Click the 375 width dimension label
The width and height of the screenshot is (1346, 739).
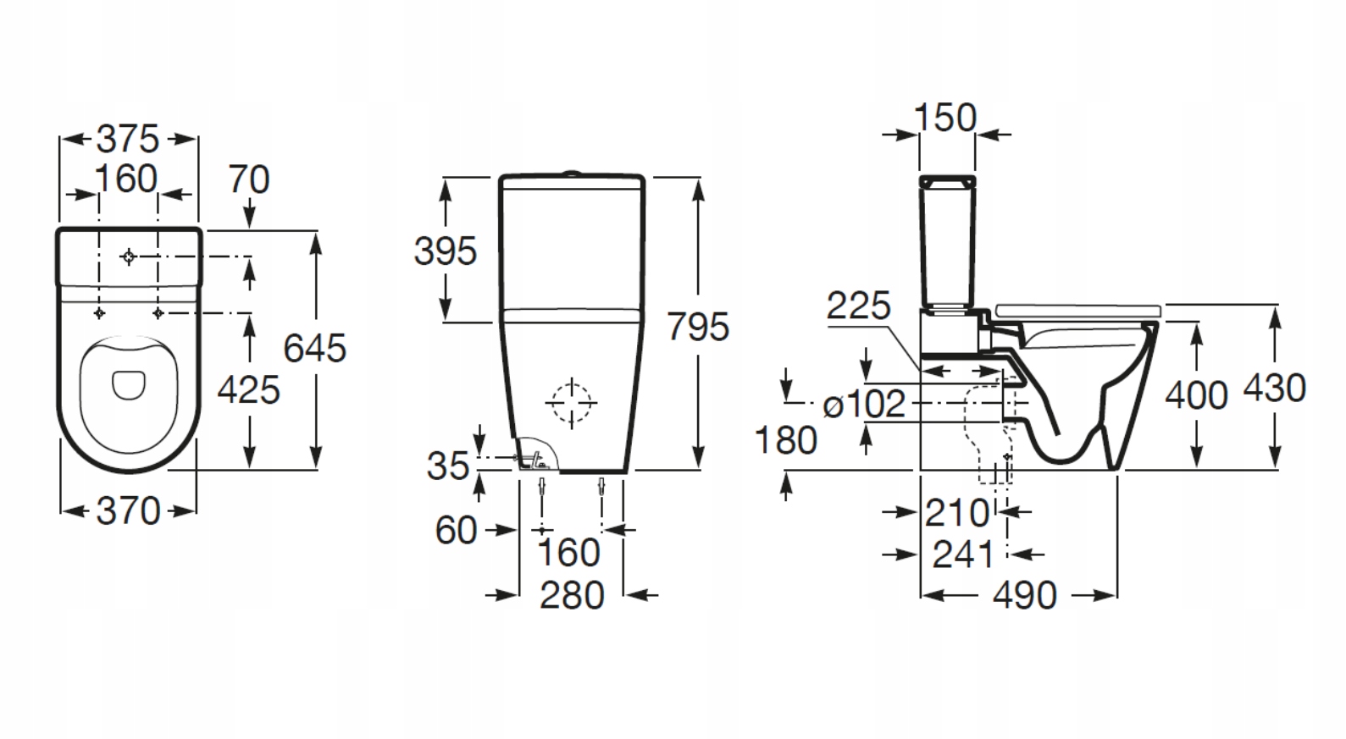coord(128,139)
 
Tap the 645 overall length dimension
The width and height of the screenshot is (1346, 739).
coord(314,348)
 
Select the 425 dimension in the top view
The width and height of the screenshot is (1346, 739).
coord(248,389)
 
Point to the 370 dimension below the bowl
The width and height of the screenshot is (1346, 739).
coord(128,510)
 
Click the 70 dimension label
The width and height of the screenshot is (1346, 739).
coord(249,179)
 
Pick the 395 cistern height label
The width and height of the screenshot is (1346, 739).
coord(446,251)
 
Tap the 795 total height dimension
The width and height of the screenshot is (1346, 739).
coord(698,327)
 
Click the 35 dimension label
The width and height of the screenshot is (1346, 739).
coord(447,466)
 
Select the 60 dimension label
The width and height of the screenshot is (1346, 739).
coord(456,531)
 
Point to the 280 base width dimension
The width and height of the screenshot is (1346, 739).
coord(572,595)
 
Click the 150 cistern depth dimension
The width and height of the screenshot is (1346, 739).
coord(945,118)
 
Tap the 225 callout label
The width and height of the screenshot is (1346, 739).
coord(858,306)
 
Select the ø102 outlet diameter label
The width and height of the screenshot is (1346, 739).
coord(865,405)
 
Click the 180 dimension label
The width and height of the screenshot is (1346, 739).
coord(786,440)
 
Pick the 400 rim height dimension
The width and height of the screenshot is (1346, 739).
coord(1196,395)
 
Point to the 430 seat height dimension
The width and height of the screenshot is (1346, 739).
coord(1274,389)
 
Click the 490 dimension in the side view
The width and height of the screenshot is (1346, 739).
coord(1025,596)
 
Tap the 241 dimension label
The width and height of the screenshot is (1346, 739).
coord(963,554)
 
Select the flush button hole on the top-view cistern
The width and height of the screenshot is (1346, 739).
coord(129,256)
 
